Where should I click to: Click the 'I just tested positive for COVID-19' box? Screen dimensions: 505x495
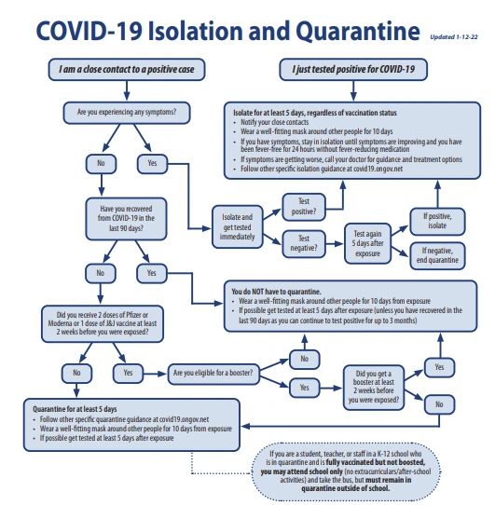(349, 69)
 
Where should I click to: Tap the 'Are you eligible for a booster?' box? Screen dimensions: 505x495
(215, 374)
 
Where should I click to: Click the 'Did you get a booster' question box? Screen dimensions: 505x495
(371, 386)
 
